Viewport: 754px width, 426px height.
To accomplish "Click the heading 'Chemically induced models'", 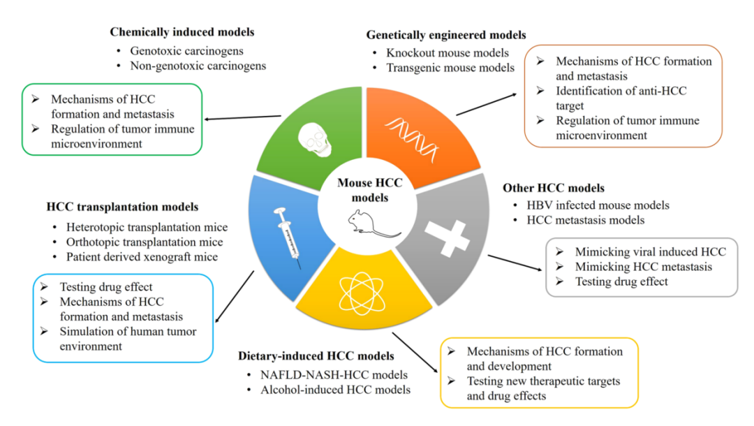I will (x=182, y=32).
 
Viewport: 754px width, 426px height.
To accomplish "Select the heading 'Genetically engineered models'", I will (x=446, y=35).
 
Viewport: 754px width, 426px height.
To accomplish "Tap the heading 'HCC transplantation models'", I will (x=122, y=207).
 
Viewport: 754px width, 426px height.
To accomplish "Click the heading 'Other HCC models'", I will (x=554, y=188).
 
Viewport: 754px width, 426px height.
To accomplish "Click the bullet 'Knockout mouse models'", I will (x=448, y=52).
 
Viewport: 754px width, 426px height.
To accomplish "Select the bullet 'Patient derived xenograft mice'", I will (x=142, y=257).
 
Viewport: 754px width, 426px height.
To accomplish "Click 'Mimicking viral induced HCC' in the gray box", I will (x=650, y=251).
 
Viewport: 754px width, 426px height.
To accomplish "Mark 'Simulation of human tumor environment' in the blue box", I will (x=128, y=339).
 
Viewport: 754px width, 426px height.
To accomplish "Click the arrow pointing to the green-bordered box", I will (x=244, y=119).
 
